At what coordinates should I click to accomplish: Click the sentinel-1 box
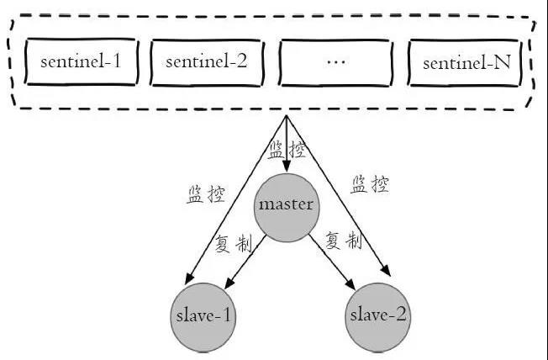(x=81, y=63)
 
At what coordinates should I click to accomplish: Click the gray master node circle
(x=287, y=204)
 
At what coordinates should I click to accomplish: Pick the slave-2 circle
(x=378, y=316)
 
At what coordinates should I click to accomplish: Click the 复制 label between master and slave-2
(x=342, y=241)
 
